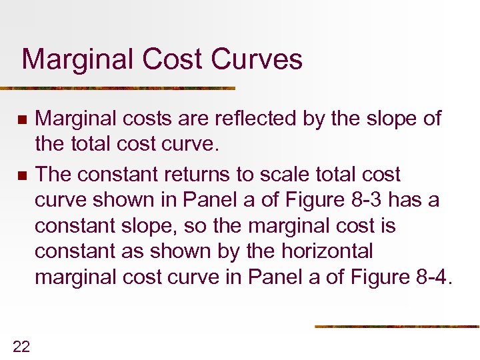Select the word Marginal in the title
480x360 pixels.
pyautogui.click(x=77, y=59)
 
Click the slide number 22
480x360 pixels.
pyautogui.click(x=21, y=345)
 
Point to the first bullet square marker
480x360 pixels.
pyautogui.click(x=21, y=120)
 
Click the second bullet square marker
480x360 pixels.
pyautogui.click(x=21, y=176)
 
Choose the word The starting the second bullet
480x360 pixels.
pyautogui.click(x=55, y=175)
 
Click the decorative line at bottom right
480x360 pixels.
pyautogui.click(x=397, y=326)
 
